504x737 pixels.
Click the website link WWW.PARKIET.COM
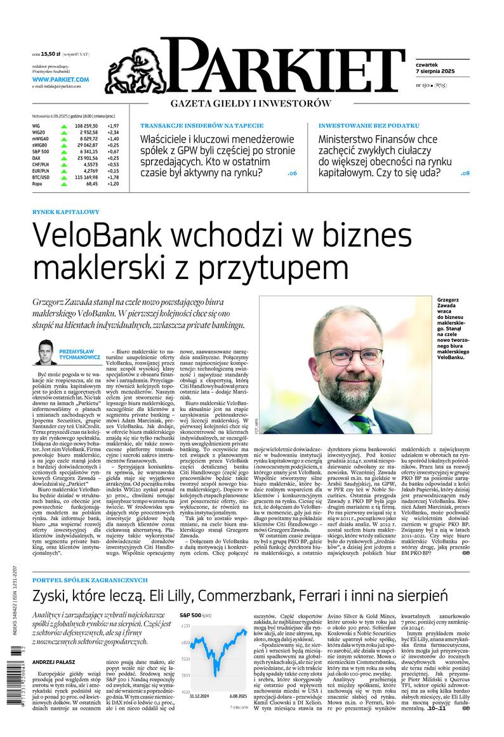coord(60,79)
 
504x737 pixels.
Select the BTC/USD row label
coord(42,177)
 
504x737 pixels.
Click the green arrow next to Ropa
coord(63,183)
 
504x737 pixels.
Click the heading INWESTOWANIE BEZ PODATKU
coord(369,126)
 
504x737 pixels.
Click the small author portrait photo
coord(46,352)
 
